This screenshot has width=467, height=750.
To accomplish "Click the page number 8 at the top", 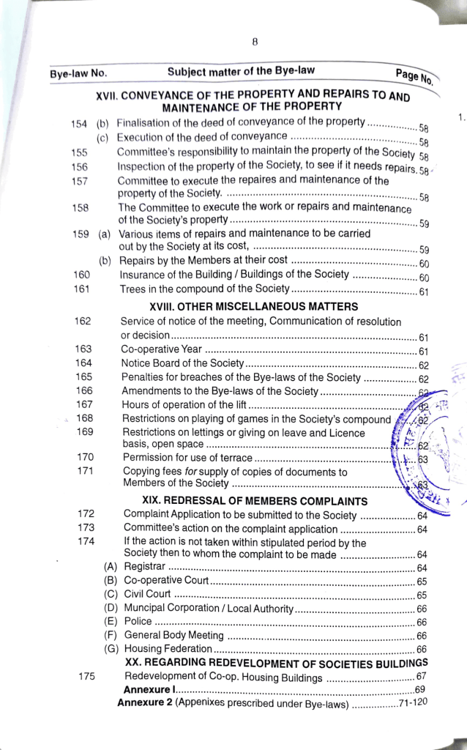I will (x=253, y=42).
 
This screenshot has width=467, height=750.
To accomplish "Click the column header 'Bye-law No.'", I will (x=78, y=74).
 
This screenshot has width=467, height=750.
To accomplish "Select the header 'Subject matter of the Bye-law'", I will (x=241, y=71).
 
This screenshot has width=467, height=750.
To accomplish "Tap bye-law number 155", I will (x=80, y=152).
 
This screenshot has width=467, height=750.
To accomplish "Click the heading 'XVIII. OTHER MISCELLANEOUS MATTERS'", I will (x=253, y=306).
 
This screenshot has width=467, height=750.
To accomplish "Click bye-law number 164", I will (x=83, y=363).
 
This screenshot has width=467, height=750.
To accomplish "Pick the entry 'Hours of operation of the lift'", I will (x=184, y=405).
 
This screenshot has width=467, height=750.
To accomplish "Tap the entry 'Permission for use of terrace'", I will (x=188, y=458).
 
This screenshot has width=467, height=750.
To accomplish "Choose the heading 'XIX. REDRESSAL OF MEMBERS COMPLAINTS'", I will (x=254, y=501).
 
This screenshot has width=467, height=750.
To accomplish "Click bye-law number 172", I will (x=86, y=515).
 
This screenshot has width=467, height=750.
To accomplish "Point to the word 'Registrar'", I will (x=144, y=567).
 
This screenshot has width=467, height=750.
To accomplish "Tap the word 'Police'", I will (x=138, y=622).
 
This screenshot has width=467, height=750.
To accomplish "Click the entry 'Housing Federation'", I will (x=168, y=649).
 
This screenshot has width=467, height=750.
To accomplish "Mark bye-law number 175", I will (x=86, y=677).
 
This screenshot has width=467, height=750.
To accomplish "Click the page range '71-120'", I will (x=413, y=703).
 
